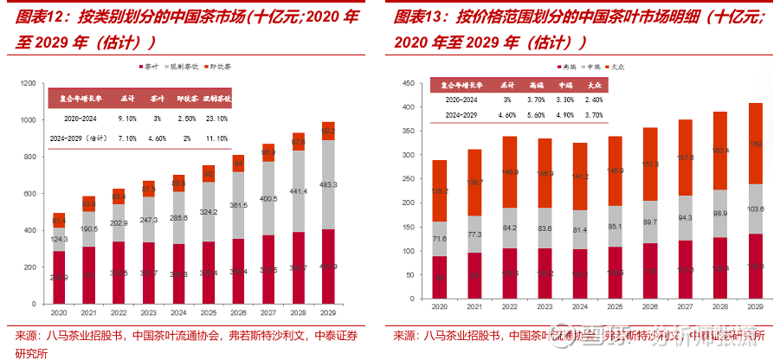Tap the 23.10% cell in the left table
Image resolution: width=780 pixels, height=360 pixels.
coord(216,118)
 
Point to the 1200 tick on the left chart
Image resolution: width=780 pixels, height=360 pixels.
coord(28,83)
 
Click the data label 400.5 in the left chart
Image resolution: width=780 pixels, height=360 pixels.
coord(269,199)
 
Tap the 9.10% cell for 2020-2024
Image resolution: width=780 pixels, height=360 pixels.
coord(127,118)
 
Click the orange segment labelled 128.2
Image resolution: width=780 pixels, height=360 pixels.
coord(440,190)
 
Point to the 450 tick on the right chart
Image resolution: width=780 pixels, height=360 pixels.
coord(408,83)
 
